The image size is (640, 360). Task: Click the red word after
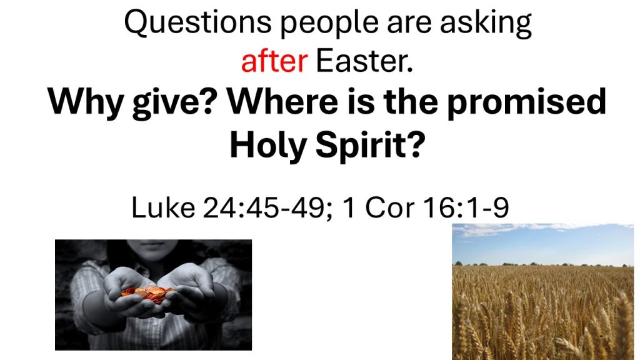(274, 61)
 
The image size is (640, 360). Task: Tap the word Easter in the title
(364, 61)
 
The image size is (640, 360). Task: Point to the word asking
(486, 24)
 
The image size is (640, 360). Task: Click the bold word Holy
(267, 147)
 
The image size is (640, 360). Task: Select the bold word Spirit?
(370, 147)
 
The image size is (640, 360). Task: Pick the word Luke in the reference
(163, 207)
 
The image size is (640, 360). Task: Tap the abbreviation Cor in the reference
(389, 207)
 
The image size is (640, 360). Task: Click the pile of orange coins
(147, 294)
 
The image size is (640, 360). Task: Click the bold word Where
(282, 101)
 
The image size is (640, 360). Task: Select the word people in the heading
(329, 24)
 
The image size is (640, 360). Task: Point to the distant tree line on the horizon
(543, 264)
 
